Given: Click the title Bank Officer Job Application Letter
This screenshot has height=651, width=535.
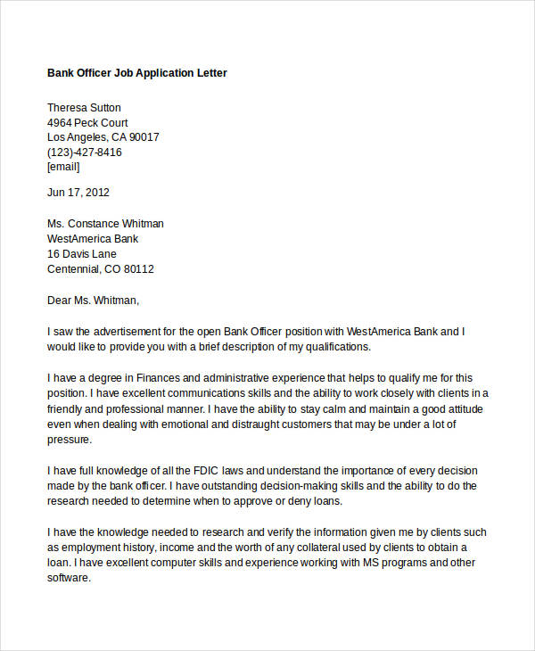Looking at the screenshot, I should (137, 72).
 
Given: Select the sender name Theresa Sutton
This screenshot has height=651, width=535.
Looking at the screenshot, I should (84, 107).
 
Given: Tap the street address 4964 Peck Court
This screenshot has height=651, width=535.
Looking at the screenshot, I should (87, 122).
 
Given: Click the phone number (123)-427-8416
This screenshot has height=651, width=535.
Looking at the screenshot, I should (85, 152).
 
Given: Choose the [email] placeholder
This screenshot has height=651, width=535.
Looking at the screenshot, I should (63, 166).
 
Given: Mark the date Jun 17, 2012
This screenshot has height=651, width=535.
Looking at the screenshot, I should (78, 192).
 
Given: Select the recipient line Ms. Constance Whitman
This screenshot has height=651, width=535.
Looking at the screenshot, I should (105, 224).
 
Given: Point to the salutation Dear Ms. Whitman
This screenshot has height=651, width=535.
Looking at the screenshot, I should (94, 301).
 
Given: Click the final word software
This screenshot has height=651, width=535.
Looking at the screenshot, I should (69, 578).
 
